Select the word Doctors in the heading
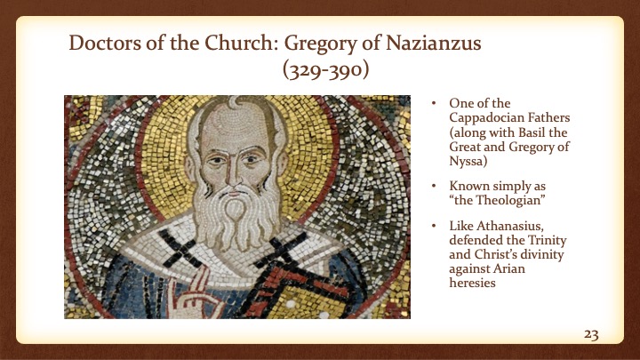(x=103, y=44)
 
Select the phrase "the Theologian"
(x=492, y=202)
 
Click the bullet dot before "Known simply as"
(x=434, y=188)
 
